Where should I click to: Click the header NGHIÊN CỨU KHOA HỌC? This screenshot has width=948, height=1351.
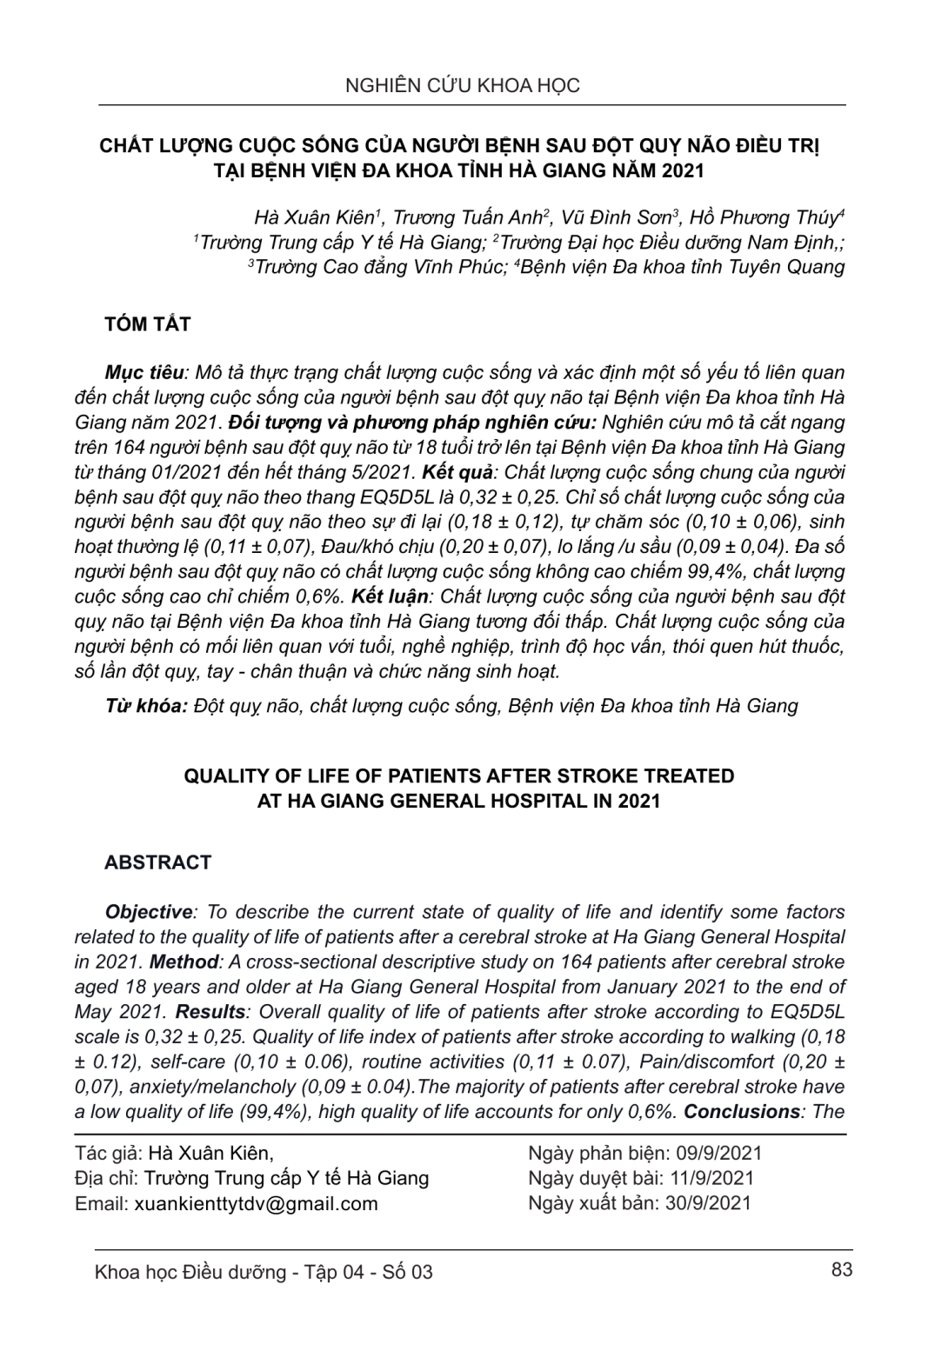(462, 85)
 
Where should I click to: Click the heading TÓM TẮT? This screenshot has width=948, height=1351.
(147, 324)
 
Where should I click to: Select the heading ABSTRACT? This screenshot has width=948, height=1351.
(157, 862)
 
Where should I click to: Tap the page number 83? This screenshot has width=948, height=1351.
(841, 1269)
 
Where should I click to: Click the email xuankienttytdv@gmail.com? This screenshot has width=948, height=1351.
(256, 1203)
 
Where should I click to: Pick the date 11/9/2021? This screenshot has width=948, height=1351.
(708, 1178)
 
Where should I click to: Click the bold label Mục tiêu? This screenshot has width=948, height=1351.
(144, 373)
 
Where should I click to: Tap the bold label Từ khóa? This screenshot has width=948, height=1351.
(145, 705)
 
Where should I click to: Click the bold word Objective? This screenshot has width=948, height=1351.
(148, 912)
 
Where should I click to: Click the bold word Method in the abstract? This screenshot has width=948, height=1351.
(184, 962)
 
